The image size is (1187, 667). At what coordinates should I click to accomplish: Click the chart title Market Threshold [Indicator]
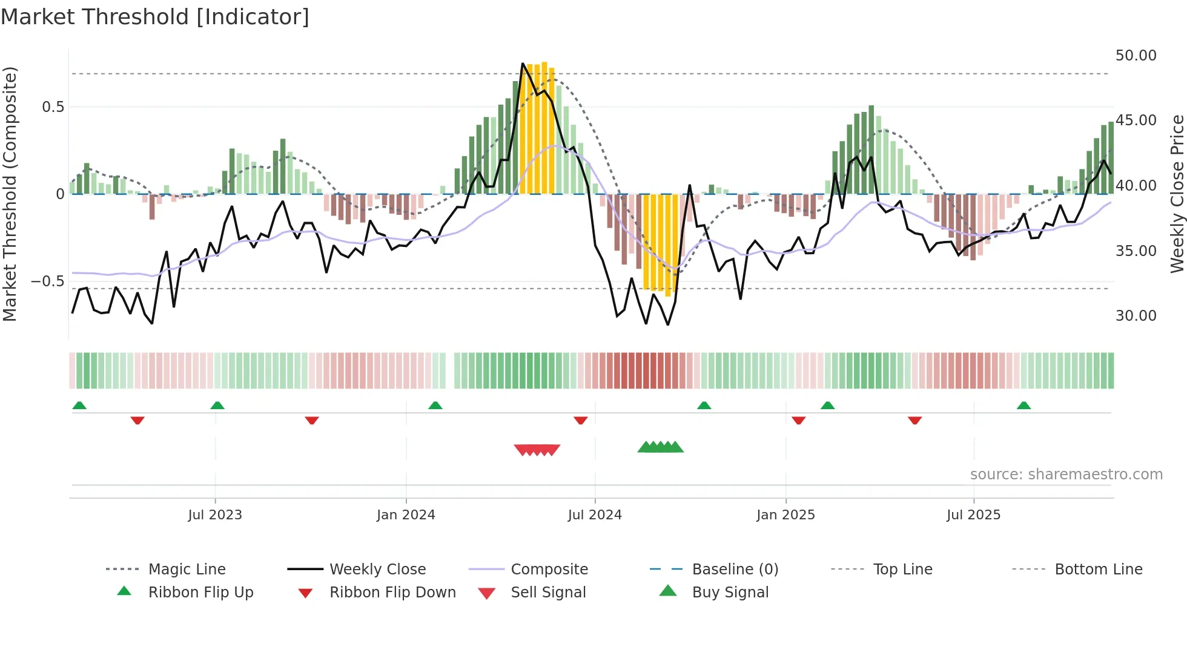(155, 17)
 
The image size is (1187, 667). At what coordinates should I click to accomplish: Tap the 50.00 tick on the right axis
(1136, 56)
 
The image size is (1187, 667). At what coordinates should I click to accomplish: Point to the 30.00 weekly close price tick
(1136, 316)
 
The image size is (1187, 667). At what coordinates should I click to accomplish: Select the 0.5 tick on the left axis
(53, 107)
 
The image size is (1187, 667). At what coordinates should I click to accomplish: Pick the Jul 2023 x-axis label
(215, 515)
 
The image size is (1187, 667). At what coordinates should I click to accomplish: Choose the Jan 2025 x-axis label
(785, 515)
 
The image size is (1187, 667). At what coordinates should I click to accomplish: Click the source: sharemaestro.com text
(1066, 475)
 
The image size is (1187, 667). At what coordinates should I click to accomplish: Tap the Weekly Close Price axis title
(1177, 194)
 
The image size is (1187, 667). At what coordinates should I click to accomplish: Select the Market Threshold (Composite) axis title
(10, 194)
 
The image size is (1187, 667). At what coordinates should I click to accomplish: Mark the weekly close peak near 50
(523, 64)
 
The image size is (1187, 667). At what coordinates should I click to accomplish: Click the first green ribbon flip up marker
(79, 406)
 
